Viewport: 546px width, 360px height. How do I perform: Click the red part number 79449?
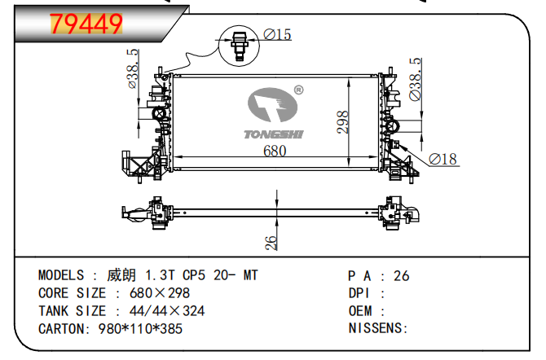[x=86, y=24]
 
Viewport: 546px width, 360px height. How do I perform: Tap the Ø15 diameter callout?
[x=277, y=34]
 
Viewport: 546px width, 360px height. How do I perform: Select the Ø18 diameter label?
[x=443, y=159]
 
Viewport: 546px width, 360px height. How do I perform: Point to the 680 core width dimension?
[x=275, y=151]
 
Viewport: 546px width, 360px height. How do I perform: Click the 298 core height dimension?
[x=342, y=122]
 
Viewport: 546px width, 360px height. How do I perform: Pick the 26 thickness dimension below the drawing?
[x=271, y=243]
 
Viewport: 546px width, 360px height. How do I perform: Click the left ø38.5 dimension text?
[x=133, y=68]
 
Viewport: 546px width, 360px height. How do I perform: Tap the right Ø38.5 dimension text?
[x=415, y=79]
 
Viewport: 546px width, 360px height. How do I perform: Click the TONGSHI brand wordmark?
[x=274, y=134]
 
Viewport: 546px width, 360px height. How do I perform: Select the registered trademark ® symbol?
[x=299, y=90]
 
